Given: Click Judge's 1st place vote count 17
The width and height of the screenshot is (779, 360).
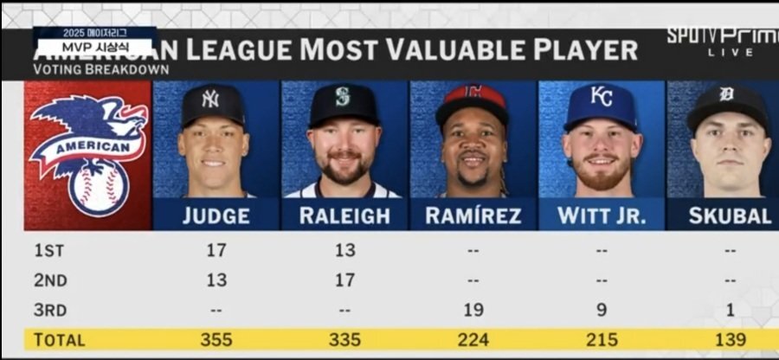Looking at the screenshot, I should pyautogui.click(x=216, y=251).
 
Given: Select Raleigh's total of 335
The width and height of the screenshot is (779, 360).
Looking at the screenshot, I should pyautogui.click(x=344, y=340).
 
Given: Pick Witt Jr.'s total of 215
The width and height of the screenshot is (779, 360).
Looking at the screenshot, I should pyautogui.click(x=601, y=340).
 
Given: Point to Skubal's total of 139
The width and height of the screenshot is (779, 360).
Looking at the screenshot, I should pyautogui.click(x=729, y=340).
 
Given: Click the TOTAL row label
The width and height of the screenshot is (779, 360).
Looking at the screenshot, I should pyautogui.click(x=59, y=340).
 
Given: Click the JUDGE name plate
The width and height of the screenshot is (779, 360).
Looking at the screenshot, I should pyautogui.click(x=216, y=216).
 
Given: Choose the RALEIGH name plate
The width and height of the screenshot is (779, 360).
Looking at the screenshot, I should pyautogui.click(x=344, y=216).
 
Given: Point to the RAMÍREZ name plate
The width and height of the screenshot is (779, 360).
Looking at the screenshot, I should pyautogui.click(x=473, y=216).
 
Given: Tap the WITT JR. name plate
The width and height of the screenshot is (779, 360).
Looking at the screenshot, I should pyautogui.click(x=601, y=216).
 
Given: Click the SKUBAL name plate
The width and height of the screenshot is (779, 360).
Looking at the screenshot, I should pyautogui.click(x=729, y=216).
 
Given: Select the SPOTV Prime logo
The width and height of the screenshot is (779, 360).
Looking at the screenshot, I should pyautogui.click(x=722, y=40).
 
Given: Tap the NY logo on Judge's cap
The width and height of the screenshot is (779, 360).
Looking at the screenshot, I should pyautogui.click(x=210, y=98).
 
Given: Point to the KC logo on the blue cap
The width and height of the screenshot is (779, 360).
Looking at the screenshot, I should pyautogui.click(x=601, y=95).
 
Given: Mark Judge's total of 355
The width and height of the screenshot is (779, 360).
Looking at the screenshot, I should pyautogui.click(x=216, y=340).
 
